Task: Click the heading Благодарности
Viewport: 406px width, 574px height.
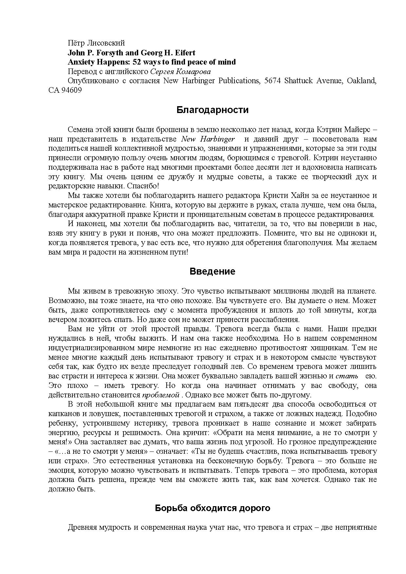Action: [212, 110]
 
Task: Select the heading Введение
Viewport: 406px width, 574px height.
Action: [212, 272]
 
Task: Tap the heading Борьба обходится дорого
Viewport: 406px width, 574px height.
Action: [212, 508]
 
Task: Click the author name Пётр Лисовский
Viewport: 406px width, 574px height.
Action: [96, 43]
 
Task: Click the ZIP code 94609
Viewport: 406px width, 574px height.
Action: [71, 90]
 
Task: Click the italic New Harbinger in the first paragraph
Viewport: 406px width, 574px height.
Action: [208, 139]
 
